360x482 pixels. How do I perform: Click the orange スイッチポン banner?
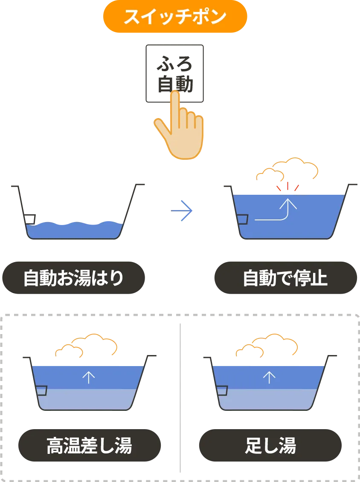[x=175, y=16]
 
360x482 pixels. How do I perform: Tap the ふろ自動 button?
[x=174, y=73]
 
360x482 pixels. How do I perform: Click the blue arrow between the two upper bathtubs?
[x=182, y=211]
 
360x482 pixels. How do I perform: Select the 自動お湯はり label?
[x=73, y=277]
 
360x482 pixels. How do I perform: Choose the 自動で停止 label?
[x=285, y=277]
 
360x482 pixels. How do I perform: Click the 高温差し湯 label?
[x=90, y=445]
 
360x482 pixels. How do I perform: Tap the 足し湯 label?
[x=270, y=445]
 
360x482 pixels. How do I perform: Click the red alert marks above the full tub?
[x=287, y=186]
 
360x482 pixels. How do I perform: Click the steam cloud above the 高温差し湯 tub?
[x=86, y=345]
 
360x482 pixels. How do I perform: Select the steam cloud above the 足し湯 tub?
[x=267, y=345]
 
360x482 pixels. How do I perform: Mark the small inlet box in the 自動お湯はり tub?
[x=29, y=219]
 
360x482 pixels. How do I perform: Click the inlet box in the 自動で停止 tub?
[x=242, y=219]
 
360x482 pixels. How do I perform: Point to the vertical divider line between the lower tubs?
[x=180, y=398]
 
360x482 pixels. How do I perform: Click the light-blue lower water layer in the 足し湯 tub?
[x=268, y=399]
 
